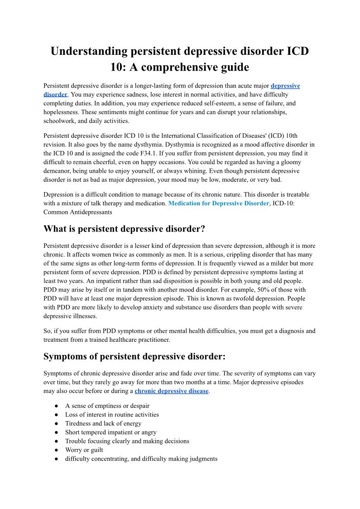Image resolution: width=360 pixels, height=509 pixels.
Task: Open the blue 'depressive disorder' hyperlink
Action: [x=285, y=86]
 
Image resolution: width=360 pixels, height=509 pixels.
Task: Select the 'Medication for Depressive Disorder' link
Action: [x=218, y=204]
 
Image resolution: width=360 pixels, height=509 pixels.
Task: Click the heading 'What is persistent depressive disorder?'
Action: [x=125, y=229]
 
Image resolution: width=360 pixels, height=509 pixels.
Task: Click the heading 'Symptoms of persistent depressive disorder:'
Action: [x=134, y=356]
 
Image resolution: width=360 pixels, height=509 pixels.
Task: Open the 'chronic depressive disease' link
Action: [x=171, y=391]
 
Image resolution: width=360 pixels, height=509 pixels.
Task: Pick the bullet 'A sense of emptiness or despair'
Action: [x=107, y=406]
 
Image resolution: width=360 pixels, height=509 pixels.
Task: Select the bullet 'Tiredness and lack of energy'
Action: [x=103, y=423]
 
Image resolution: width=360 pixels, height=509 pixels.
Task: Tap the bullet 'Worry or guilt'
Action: [x=84, y=450]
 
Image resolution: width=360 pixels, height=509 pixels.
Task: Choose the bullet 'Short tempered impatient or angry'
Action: [x=111, y=432]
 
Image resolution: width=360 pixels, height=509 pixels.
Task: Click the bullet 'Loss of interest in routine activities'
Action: [x=112, y=415]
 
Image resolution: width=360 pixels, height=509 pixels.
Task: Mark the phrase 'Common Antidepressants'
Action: [x=77, y=212]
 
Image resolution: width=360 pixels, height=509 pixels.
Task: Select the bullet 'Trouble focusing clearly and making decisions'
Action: [x=127, y=441]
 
